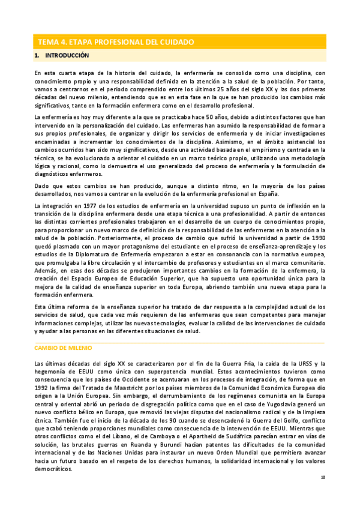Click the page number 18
pos(322,478)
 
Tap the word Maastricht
pos(118,387)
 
